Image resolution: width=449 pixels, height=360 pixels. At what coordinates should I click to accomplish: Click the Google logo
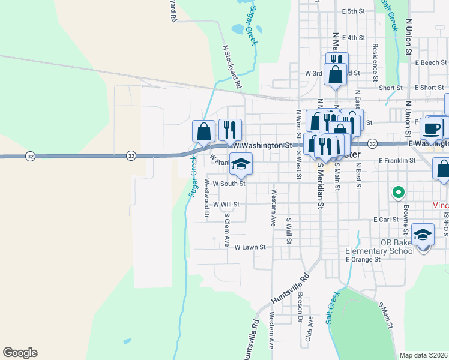pos(20,353)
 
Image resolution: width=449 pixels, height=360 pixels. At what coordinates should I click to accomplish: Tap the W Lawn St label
pos(250,247)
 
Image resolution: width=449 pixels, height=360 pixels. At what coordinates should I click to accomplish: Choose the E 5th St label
pos(354,11)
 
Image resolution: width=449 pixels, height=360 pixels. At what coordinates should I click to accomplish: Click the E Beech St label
pos(431,62)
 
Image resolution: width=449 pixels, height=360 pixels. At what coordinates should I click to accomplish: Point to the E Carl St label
pos(386,220)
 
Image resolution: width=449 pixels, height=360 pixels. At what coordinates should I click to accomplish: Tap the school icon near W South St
pos(241,164)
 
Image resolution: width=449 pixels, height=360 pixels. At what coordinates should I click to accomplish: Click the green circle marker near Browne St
pos(397,193)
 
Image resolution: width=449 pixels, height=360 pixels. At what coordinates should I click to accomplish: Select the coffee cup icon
pos(432,128)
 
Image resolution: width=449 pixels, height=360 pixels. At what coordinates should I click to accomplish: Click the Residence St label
pos(375,61)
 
